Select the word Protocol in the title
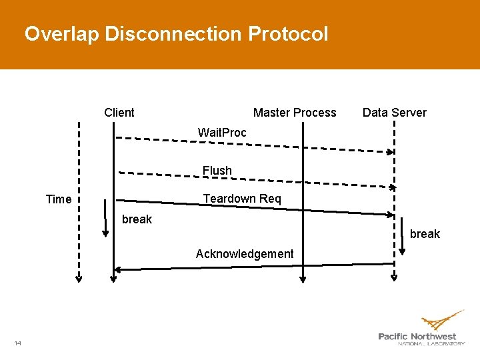[288, 34]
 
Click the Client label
[119, 113]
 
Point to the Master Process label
[295, 113]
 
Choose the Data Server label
[394, 113]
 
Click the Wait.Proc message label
[222, 133]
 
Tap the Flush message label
[217, 171]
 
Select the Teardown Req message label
[242, 199]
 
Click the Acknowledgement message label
[245, 253]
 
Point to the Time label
[59, 199]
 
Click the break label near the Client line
[137, 219]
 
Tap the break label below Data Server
[425, 234]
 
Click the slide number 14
[17, 343]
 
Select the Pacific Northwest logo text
[418, 337]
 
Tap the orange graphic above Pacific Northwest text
[443, 319]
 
